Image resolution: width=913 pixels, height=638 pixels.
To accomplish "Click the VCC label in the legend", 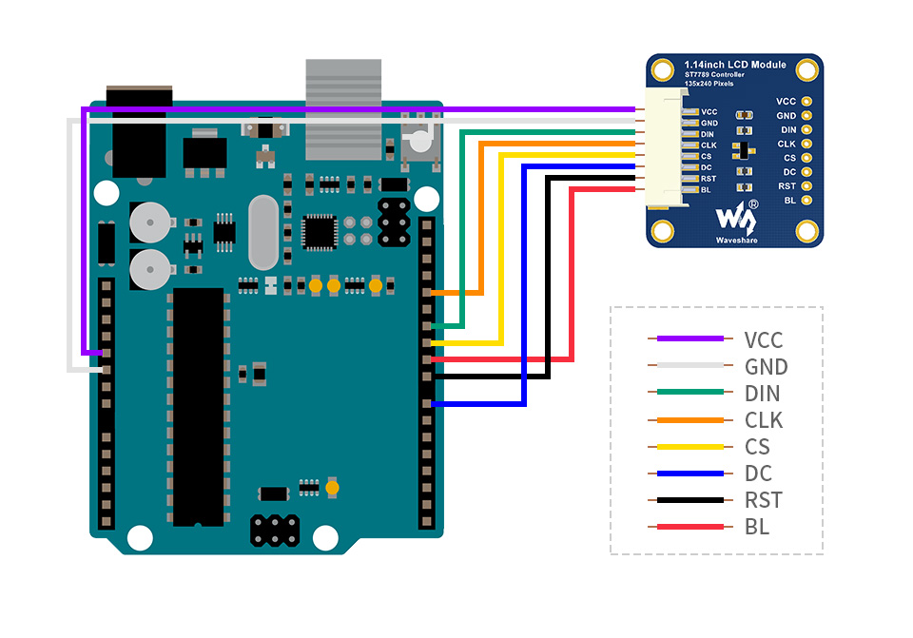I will (764, 339).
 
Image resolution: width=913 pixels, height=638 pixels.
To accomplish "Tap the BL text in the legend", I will (757, 527).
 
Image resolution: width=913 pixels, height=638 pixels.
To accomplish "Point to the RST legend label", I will (763, 500).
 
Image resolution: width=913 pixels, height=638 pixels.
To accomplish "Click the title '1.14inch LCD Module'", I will (735, 65).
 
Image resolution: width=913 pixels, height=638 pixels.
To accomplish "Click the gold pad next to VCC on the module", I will (807, 101).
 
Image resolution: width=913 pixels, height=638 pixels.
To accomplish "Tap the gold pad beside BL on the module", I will (807, 201).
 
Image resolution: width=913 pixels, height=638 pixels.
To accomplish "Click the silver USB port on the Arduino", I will (343, 106).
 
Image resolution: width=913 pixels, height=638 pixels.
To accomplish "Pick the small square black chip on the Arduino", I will (319, 231).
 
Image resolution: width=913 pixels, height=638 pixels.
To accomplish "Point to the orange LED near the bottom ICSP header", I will (332, 488).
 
